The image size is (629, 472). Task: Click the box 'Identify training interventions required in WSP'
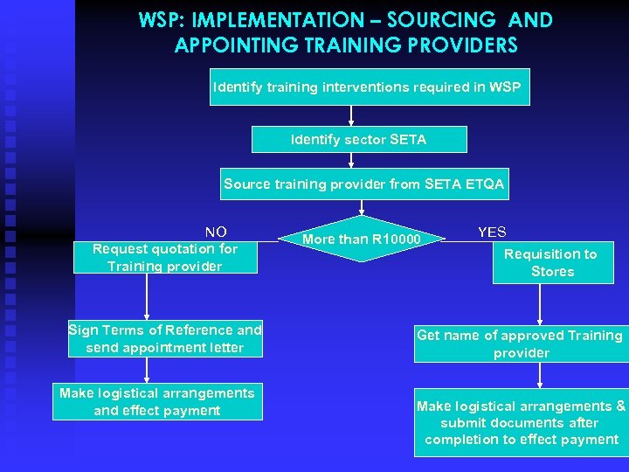[368, 87]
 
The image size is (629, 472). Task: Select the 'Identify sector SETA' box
[359, 140]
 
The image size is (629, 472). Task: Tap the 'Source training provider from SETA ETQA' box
[363, 184]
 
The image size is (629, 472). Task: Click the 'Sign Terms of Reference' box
[165, 339]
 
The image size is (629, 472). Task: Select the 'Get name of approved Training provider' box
[521, 344]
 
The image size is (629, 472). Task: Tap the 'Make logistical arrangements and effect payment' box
[157, 402]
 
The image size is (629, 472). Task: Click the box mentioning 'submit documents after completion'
[521, 423]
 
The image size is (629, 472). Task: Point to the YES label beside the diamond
[492, 233]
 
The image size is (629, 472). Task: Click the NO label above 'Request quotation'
[216, 232]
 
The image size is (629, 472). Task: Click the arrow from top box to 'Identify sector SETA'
[351, 116]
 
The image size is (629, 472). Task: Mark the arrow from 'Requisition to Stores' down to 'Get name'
[541, 304]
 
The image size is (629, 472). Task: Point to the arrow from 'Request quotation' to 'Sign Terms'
[147, 297]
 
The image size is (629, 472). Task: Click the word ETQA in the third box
[486, 184]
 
